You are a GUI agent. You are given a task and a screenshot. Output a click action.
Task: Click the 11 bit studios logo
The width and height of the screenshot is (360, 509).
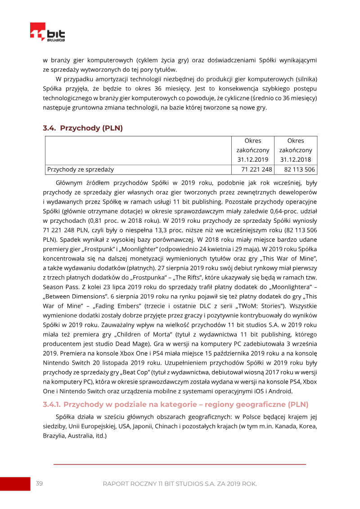click(47, 32)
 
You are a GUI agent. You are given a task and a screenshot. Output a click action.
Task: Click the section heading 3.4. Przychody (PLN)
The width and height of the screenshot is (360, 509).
click(83, 128)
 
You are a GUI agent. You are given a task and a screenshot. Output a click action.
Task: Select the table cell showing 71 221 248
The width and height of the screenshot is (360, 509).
click(256, 169)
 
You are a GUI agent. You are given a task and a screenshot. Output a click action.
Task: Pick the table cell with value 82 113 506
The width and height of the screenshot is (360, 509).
click(299, 169)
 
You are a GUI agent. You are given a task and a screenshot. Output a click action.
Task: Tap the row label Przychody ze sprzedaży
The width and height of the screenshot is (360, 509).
click(81, 169)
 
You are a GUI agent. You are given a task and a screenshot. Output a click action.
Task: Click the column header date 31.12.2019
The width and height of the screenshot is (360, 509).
click(252, 159)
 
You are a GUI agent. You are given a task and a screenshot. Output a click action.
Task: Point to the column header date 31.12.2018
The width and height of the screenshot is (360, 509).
click(295, 159)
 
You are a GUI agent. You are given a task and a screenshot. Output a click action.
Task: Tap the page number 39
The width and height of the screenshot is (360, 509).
click(39, 483)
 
